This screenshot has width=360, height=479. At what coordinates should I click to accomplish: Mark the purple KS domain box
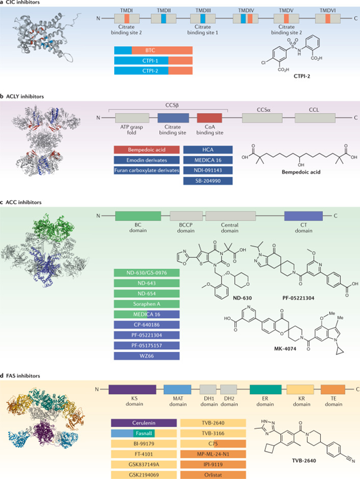coord(129,390)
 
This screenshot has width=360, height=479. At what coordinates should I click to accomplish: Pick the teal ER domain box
coord(265,390)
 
